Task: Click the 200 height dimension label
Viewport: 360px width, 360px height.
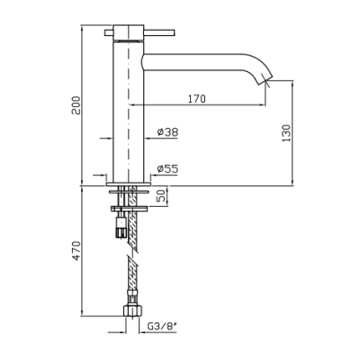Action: pos(76,105)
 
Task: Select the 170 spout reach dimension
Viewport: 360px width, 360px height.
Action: pos(197,99)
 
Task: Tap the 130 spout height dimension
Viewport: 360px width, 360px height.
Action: pos(287,133)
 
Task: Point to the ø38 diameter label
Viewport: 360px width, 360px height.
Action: pos(167,132)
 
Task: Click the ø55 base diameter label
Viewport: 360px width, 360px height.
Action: pos(167,169)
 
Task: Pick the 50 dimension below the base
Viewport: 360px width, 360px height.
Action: pos(162,195)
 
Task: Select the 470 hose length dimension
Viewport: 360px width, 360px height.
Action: pos(76,250)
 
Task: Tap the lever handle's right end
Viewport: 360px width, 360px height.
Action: pos(174,32)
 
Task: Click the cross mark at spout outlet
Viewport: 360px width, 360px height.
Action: pos(266,81)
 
